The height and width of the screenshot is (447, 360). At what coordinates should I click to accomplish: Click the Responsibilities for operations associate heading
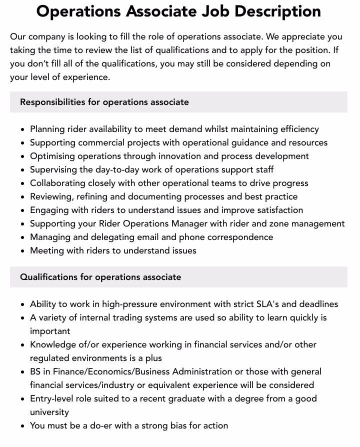104,102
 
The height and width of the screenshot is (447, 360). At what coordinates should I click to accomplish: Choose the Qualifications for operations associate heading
100,277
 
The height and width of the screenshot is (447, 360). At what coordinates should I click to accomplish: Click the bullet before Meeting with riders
22,251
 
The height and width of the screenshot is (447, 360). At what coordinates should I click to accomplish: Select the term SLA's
270,304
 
